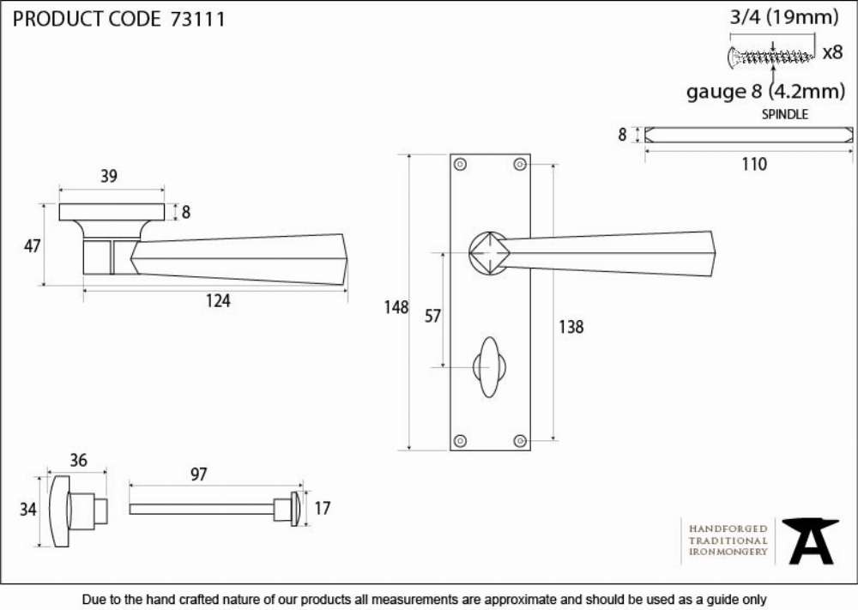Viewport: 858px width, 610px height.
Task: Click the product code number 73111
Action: tap(197, 19)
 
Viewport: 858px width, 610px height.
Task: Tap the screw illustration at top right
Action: tap(771, 57)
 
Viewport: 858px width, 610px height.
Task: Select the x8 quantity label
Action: tap(833, 52)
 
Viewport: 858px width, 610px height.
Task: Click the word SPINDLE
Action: tap(785, 114)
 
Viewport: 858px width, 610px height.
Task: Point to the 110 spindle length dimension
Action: tap(754, 164)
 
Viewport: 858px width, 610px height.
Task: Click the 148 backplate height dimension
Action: tap(396, 307)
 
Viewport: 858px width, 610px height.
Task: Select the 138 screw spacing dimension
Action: tap(571, 327)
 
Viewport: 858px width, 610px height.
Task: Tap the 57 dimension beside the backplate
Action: tap(432, 317)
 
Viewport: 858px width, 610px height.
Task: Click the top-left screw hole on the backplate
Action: tap(461, 164)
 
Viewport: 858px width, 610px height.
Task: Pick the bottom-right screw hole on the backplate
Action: tap(521, 440)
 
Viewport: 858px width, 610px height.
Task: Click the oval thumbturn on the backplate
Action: tap(489, 366)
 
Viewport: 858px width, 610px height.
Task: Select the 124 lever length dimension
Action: tap(218, 301)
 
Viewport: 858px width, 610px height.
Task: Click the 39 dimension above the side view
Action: tap(109, 176)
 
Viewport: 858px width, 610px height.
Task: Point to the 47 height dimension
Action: tap(33, 246)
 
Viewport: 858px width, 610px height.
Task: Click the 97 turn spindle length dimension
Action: tap(199, 474)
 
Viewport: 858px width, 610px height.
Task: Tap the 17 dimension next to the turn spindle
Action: tap(323, 509)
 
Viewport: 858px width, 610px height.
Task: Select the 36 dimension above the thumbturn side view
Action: tap(78, 461)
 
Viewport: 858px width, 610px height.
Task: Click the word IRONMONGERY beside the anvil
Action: tap(728, 552)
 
